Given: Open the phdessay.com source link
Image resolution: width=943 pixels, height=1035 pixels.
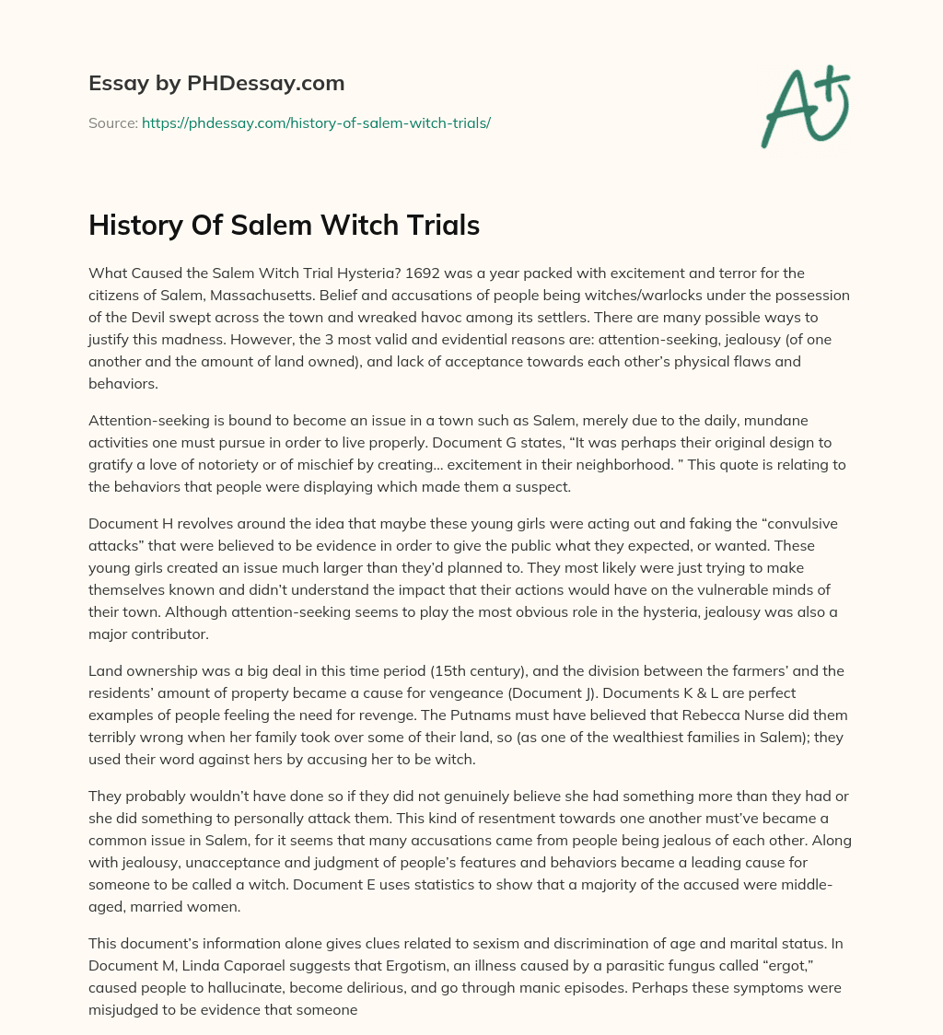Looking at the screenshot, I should point(316,122).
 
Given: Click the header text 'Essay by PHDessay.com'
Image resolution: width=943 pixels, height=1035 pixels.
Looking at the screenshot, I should point(216,83).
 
